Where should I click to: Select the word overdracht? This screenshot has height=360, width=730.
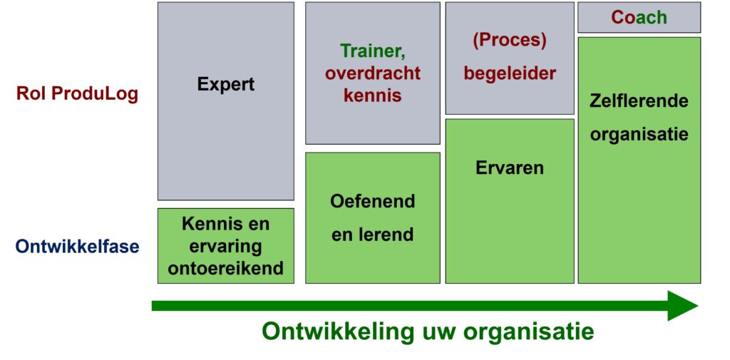[x=373, y=73]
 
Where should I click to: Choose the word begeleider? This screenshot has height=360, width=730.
[x=509, y=73]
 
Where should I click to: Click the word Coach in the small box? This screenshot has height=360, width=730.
[x=639, y=17]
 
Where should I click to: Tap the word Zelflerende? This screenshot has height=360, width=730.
[x=639, y=101]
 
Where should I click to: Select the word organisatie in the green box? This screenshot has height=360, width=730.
[x=639, y=133]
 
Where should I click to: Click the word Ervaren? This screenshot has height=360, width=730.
[x=509, y=168]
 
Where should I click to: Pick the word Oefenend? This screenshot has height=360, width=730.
[x=372, y=202]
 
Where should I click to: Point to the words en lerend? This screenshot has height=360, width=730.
[x=372, y=235]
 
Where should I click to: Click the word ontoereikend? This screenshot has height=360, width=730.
[x=226, y=268]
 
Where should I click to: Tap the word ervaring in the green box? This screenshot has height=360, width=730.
[x=226, y=247]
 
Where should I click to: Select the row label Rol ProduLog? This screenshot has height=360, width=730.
[x=77, y=93]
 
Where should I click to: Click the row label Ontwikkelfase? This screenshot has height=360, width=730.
[x=77, y=247]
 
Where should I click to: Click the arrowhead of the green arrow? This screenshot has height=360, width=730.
[x=683, y=306]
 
